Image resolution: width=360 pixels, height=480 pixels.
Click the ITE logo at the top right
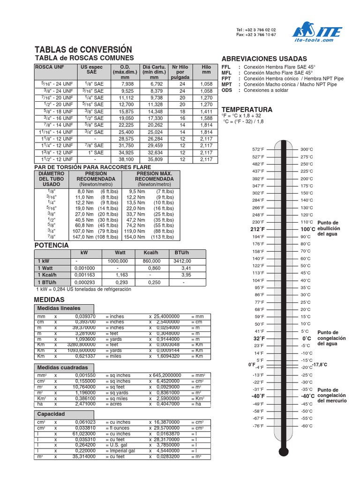coord(317,33)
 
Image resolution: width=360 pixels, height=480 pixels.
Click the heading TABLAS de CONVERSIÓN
coord(83,49)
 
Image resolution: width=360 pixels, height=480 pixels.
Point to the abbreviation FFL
coord(227,67)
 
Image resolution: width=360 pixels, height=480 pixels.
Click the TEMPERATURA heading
coord(247,109)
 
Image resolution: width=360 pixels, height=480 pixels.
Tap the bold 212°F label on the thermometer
coord(257,229)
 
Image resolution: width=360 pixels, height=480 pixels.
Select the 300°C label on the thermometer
coord(306,149)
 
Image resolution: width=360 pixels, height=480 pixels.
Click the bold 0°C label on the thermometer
coord(307,338)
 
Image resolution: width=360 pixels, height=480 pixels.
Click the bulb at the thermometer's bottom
coord(283,452)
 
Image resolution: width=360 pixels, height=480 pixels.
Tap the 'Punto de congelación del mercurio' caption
coord(332,395)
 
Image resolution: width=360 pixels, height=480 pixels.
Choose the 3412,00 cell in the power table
coord(182,261)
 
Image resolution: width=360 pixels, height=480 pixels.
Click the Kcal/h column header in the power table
coord(150,253)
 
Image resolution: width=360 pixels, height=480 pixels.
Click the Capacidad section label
coord(51,414)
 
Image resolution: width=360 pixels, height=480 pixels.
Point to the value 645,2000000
coord(167,376)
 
